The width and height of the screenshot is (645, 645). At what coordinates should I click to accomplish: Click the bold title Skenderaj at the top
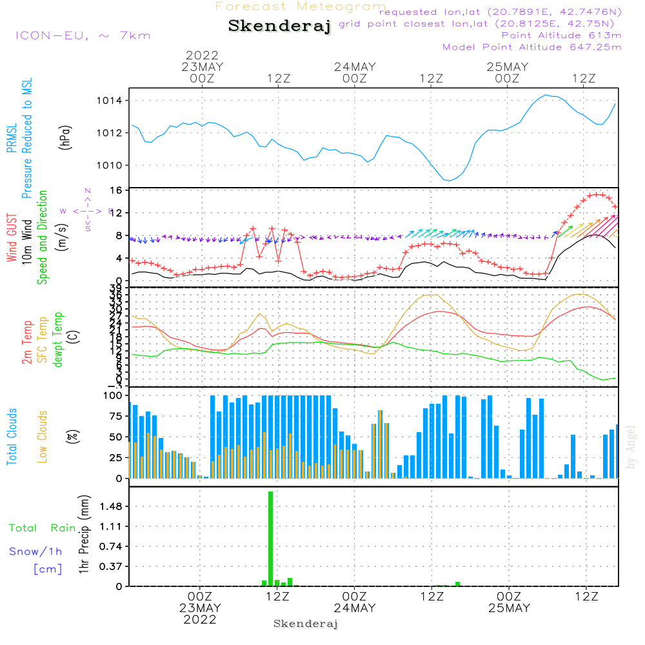[279, 26]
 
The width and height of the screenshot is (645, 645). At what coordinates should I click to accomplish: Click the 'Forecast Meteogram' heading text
[301, 6]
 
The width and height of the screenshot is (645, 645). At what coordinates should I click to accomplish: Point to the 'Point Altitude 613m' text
[561, 35]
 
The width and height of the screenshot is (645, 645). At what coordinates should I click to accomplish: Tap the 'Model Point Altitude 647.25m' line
[532, 47]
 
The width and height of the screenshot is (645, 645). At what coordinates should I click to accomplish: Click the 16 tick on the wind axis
[117, 190]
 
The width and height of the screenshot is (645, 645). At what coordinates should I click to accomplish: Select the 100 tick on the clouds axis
[114, 395]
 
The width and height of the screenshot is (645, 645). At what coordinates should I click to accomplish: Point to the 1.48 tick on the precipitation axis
[111, 507]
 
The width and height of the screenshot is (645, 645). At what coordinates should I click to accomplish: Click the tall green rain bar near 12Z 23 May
[271, 539]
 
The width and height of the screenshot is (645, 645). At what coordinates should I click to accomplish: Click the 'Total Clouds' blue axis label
[12, 437]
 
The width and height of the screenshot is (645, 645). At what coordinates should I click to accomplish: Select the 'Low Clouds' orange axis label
[43, 437]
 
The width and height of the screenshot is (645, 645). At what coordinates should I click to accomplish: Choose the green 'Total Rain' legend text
[42, 528]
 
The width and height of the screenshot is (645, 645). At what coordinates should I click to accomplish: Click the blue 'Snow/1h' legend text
[35, 551]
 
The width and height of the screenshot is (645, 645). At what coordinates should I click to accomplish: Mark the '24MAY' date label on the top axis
[355, 67]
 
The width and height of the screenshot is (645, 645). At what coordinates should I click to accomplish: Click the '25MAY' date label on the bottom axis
[508, 608]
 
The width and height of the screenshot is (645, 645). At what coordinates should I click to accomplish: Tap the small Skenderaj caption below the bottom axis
[306, 624]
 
